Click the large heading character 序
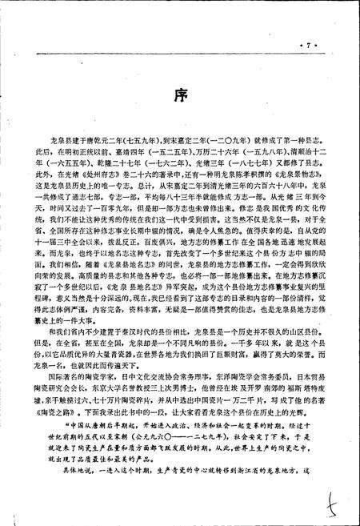180,98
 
